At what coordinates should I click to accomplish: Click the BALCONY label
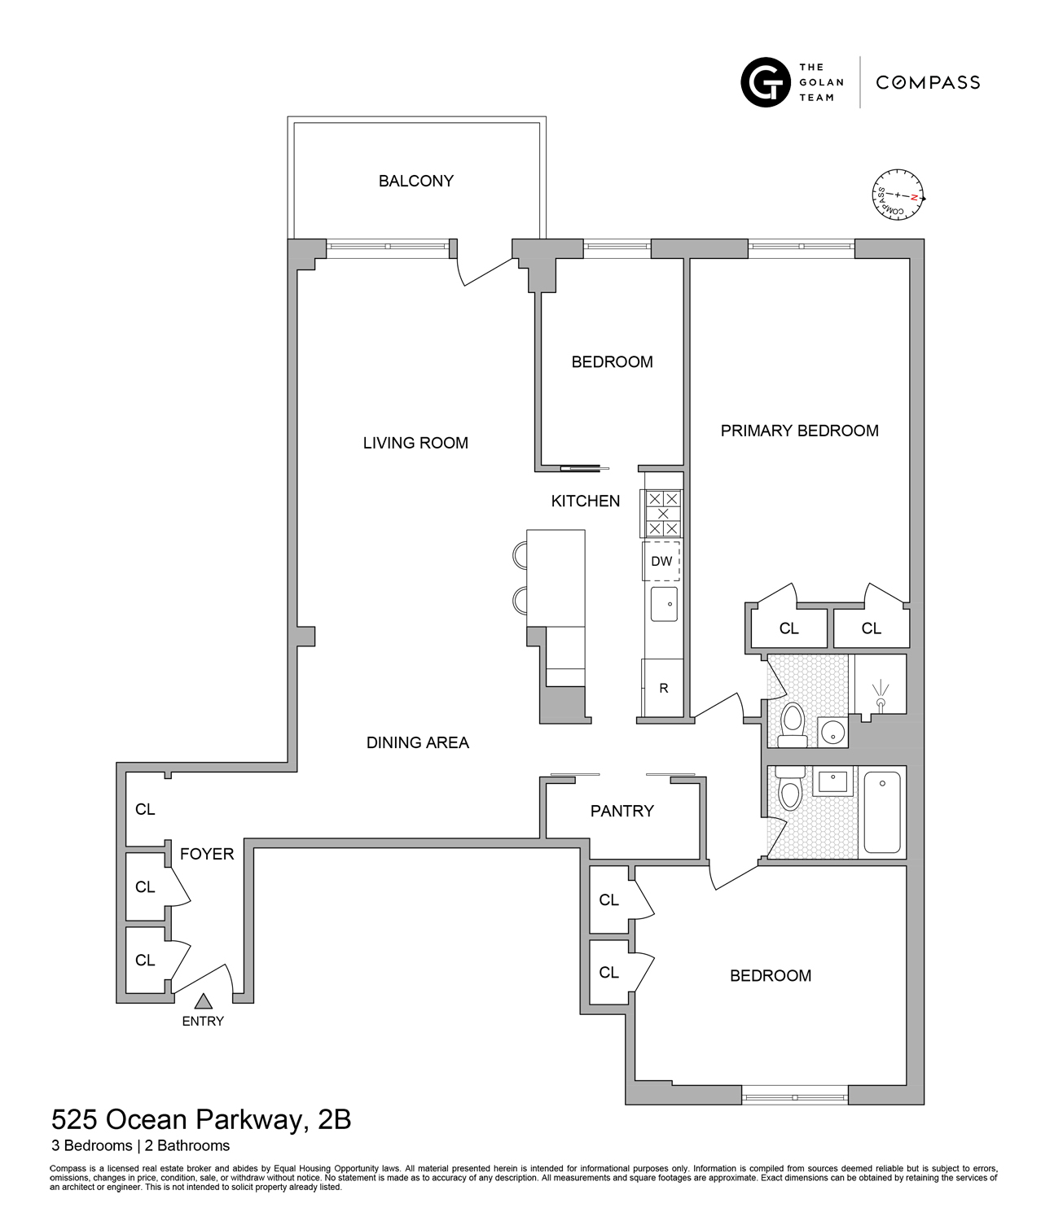coord(415,181)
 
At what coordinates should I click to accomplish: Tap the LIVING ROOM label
coord(415,443)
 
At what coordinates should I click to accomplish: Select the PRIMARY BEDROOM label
coord(799,431)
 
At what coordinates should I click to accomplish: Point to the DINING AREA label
coord(417,742)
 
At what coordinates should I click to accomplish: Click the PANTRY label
coord(622,811)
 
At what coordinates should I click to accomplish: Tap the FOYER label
coord(207,854)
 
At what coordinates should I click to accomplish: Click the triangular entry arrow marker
coord(203,1001)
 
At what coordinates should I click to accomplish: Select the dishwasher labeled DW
coord(661,561)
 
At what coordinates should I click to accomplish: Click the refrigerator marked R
coord(663,688)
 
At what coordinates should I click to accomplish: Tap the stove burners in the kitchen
coord(663,514)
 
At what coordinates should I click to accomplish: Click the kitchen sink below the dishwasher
coord(664,604)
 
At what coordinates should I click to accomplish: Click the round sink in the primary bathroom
coord(832,731)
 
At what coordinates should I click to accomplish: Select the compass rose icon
coord(899,195)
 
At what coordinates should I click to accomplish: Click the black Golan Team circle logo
coord(765,82)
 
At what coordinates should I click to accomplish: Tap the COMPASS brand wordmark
coord(928,82)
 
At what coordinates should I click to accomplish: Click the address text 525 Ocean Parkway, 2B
coord(201,1120)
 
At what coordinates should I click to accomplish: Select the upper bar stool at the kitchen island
coord(520,555)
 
